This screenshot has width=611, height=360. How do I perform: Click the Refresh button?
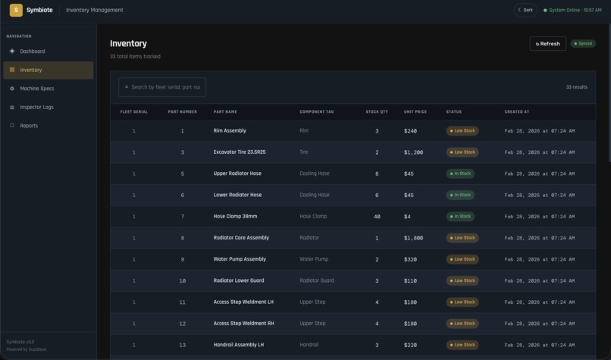coord(547,44)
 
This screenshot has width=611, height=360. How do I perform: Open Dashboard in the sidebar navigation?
coord(32,52)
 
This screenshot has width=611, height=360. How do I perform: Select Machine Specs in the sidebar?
coord(36,89)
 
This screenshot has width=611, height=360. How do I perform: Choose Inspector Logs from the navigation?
coord(36,108)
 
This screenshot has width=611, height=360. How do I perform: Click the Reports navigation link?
coord(29,126)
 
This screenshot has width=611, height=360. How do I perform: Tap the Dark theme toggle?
coord(525,10)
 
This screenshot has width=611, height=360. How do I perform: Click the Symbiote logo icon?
coord(16,10)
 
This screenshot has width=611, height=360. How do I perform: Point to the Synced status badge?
coord(583,44)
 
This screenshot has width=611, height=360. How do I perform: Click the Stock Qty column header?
coord(377,111)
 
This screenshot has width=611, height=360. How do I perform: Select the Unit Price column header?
coord(415,111)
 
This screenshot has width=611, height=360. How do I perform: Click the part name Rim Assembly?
coord(230,131)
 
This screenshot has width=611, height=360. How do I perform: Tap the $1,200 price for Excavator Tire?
coord(414,152)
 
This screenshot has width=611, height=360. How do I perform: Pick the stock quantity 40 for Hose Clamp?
coord(377,216)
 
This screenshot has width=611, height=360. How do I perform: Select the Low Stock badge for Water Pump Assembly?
coord(462,259)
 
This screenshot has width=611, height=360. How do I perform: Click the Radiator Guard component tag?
coord(317,280)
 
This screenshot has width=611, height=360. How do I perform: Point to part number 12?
coord(182,324)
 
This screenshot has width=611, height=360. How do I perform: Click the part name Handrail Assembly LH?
coord(239,345)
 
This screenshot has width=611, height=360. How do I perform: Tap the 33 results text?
coord(576,87)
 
